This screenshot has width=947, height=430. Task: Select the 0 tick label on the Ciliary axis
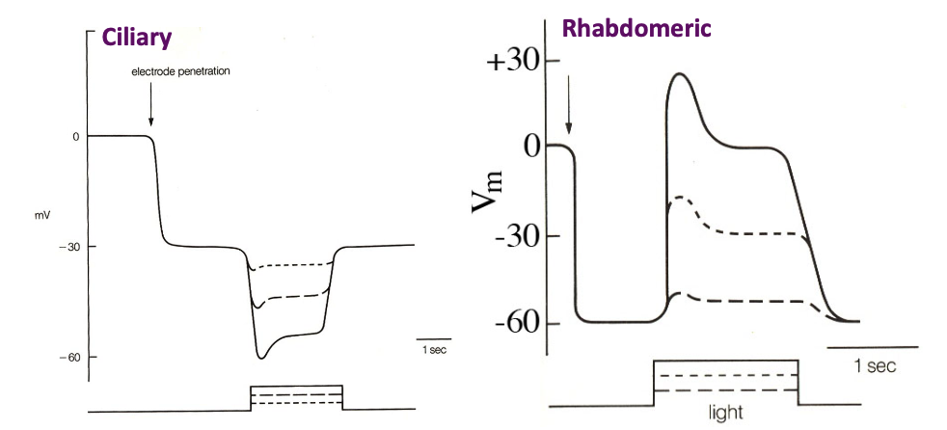coord(74,137)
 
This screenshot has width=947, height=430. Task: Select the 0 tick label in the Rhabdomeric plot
coord(528,147)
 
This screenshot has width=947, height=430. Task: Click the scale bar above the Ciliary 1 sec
coord(430,339)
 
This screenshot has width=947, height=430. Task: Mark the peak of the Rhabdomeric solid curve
coord(681,74)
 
